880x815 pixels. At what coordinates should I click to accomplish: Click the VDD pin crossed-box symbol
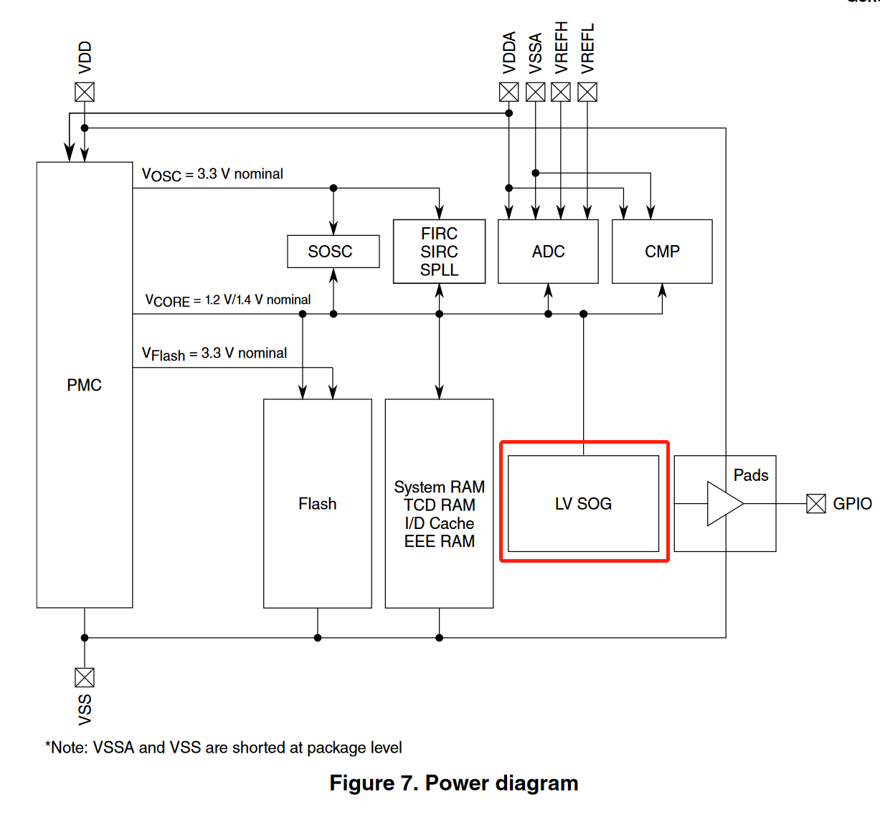[x=85, y=92]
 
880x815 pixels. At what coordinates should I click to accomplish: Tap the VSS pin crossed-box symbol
[x=85, y=677]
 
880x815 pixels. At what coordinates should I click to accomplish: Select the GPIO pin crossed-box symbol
[x=816, y=504]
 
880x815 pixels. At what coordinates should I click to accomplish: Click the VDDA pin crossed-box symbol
[x=508, y=92]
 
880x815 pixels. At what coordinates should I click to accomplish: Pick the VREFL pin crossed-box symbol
[x=587, y=92]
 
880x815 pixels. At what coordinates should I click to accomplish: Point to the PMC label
[x=85, y=386]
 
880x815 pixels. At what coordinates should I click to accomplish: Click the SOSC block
[x=333, y=252]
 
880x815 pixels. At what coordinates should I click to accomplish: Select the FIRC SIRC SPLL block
[x=439, y=252]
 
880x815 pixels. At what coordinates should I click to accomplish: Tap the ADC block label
[x=548, y=252]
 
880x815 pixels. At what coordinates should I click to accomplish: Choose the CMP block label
[x=662, y=252]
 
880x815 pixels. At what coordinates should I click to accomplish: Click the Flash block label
[x=317, y=504]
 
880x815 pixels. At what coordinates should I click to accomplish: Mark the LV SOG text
[x=583, y=504]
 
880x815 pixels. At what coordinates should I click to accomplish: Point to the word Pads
[x=751, y=475]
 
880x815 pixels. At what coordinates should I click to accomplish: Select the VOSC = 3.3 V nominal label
[x=212, y=174]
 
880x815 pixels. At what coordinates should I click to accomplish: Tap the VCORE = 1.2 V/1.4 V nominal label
[x=228, y=300]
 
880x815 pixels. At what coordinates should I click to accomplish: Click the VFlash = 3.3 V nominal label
[x=214, y=353]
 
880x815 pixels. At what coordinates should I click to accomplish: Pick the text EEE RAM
[x=439, y=542]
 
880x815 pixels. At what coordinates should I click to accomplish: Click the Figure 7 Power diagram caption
[x=453, y=783]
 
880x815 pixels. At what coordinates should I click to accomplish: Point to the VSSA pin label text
[x=535, y=54]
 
